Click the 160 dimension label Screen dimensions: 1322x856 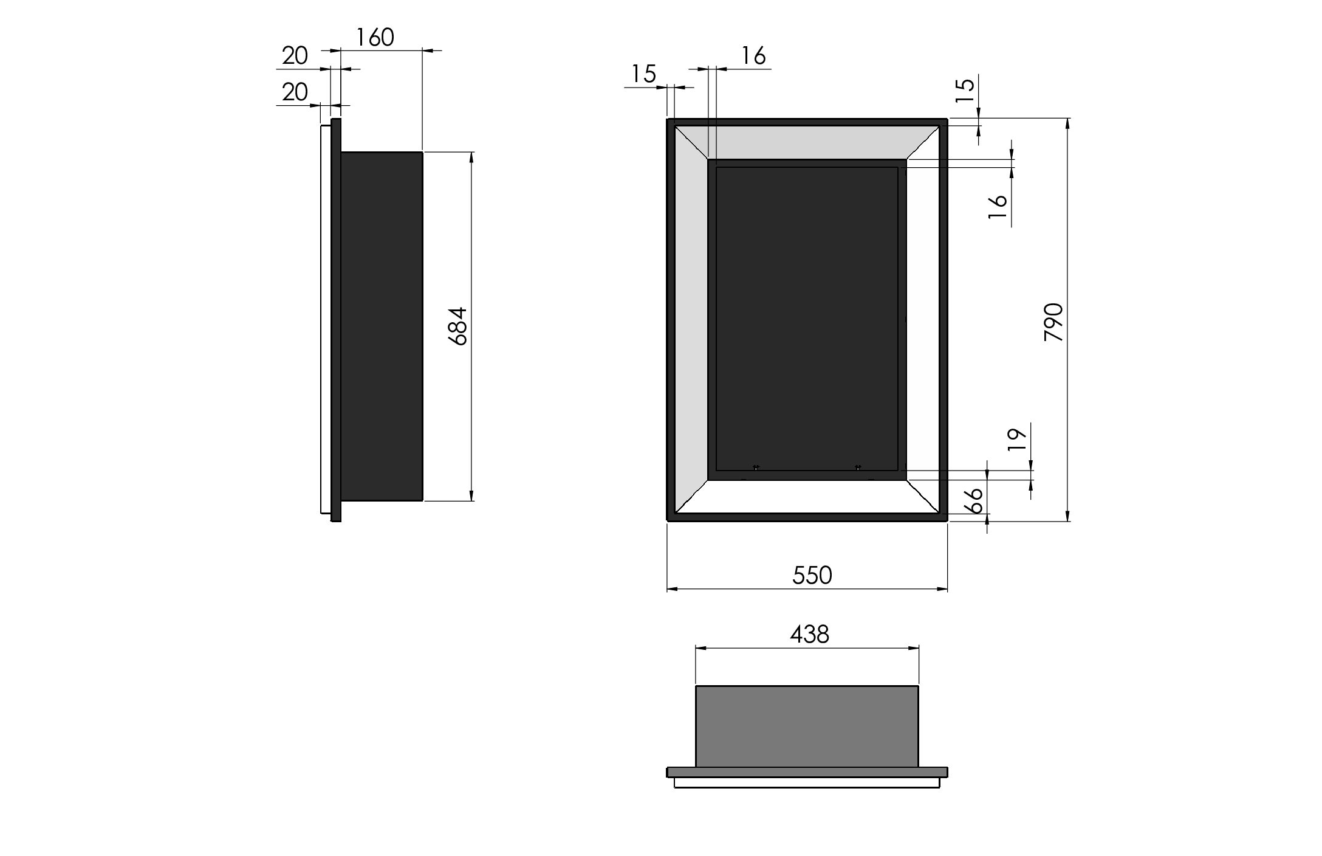pos(375,38)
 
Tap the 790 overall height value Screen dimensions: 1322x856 pos(1054,322)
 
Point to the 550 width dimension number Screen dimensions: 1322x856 pos(812,575)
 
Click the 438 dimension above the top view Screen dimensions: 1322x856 pos(810,635)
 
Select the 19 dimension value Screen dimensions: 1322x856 pos(1016,438)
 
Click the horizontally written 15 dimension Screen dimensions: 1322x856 pos(644,74)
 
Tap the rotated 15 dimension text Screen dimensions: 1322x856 pos(965,89)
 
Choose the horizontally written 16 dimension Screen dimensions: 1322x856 pos(753,56)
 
